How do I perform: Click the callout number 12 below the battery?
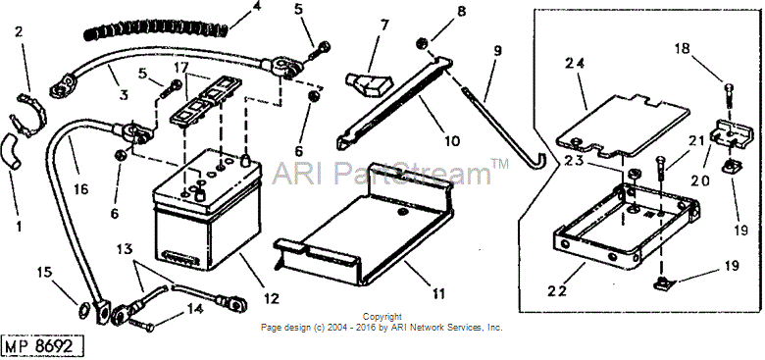(x=272, y=298)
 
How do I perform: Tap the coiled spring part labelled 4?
(x=156, y=31)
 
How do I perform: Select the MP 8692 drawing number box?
(x=42, y=346)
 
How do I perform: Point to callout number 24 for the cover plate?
(x=575, y=64)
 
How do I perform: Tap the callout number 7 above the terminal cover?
(x=384, y=26)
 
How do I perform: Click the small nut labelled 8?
(x=422, y=44)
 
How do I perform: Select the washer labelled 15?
(x=84, y=310)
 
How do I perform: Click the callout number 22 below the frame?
(x=557, y=290)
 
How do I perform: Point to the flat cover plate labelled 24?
(x=623, y=126)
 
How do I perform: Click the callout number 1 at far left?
(x=19, y=227)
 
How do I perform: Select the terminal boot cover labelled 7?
(x=367, y=84)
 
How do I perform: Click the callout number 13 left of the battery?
(x=125, y=249)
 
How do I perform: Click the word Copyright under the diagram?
(x=382, y=317)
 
